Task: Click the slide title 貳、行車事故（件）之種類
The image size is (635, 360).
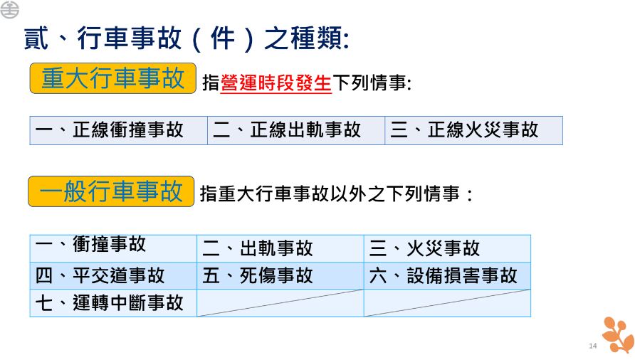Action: pos(187,38)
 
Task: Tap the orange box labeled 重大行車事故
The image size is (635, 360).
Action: pos(113,78)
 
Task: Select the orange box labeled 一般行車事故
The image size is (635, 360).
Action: pos(111,191)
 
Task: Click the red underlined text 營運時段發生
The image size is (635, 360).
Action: pos(275,83)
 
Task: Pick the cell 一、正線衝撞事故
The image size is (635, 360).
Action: pos(119,130)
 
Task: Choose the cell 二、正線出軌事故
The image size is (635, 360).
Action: pos(296,130)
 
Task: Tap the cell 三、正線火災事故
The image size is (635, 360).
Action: pos(473,130)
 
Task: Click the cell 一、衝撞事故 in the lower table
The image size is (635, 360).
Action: pos(113,248)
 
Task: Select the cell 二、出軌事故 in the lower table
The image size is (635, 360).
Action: pos(280,248)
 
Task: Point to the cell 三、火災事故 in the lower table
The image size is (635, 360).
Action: pos(447,248)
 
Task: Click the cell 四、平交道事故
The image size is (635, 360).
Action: pos(113,276)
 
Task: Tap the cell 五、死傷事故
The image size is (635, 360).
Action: pos(280,276)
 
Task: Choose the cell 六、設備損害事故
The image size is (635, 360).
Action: pos(447,276)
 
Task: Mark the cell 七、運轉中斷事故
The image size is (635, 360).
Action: pos(113,303)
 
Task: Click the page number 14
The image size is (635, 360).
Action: pos(593,346)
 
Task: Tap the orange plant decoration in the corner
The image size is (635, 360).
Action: pos(617,335)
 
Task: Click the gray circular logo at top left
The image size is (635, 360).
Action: pos(9,9)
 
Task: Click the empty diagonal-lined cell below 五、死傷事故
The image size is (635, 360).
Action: pos(280,303)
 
